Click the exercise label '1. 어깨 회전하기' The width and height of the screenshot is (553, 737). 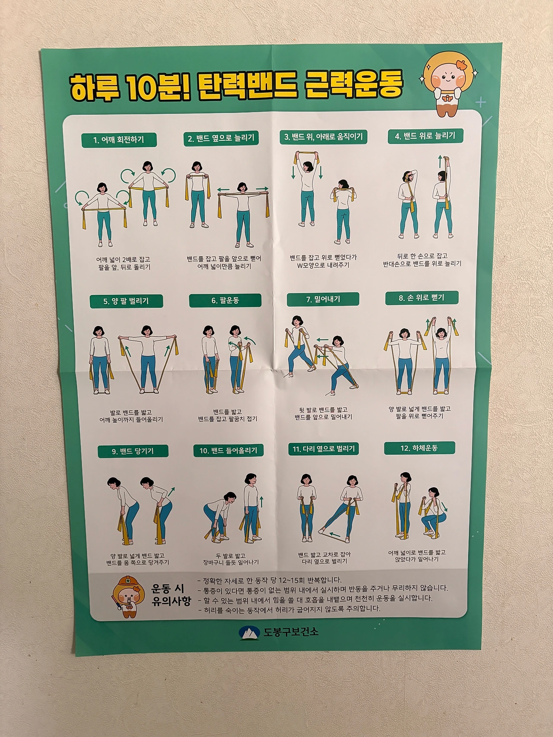(119, 140)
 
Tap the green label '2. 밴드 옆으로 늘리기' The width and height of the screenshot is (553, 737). (221, 138)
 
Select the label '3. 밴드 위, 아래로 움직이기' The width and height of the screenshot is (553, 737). (324, 137)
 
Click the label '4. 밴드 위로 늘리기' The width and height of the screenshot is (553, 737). (425, 136)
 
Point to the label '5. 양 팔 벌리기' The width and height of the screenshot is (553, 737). (126, 301)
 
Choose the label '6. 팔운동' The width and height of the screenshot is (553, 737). (225, 300)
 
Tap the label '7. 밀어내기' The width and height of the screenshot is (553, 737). (323, 299)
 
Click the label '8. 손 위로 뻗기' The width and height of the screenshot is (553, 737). (422, 298)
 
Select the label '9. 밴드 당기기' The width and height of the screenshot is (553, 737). (133, 451)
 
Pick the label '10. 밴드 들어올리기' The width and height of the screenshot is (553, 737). (228, 450)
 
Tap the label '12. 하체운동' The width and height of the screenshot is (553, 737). (420, 448)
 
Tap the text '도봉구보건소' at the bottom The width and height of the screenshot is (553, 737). (291, 632)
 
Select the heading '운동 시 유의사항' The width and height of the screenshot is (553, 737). (171, 594)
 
